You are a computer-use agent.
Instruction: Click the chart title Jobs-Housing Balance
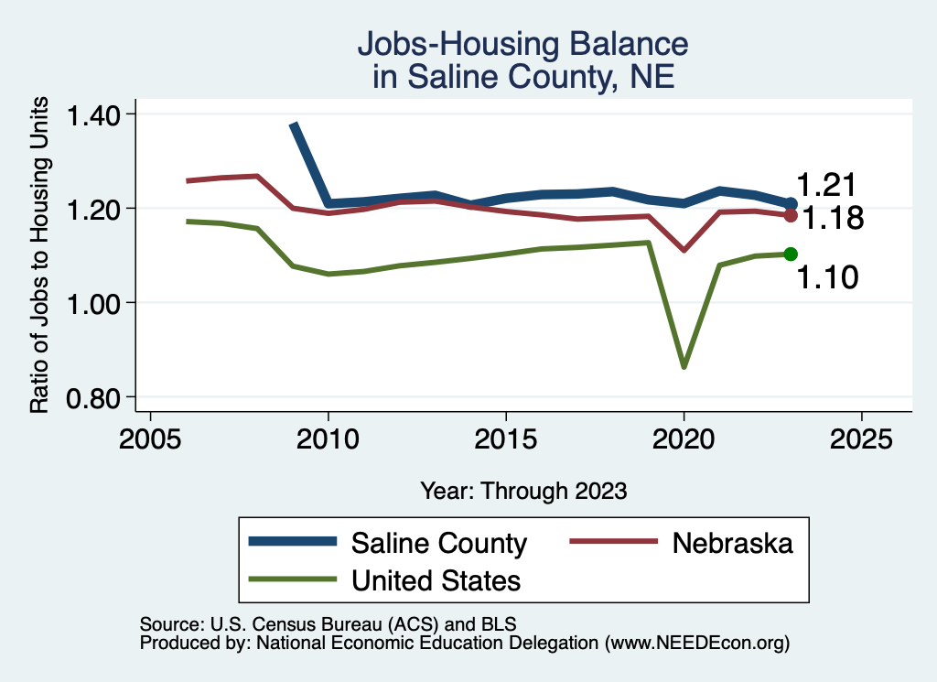(x=522, y=44)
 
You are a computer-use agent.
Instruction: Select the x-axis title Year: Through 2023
(x=523, y=491)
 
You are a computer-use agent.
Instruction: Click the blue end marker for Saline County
(x=791, y=203)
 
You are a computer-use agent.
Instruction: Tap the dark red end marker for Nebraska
(x=791, y=215)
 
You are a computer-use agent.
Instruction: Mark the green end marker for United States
(x=791, y=254)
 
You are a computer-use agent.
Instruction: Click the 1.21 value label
(x=825, y=185)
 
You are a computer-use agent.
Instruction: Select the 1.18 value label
(x=833, y=220)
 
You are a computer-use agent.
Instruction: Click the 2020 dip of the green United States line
(x=684, y=366)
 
